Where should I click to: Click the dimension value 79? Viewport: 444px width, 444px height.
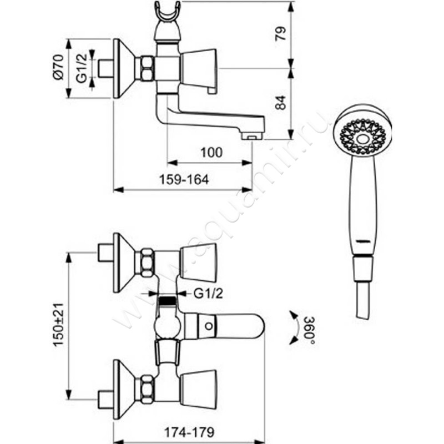[x=281, y=34]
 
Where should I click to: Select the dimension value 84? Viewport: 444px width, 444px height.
[x=281, y=103]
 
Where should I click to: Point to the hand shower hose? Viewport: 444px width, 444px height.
[x=361, y=302]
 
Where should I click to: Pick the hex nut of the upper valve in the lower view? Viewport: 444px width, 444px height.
[x=147, y=263]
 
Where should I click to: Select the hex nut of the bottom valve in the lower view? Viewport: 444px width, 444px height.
[x=147, y=389]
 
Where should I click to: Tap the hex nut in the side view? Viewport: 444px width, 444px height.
[x=147, y=69]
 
